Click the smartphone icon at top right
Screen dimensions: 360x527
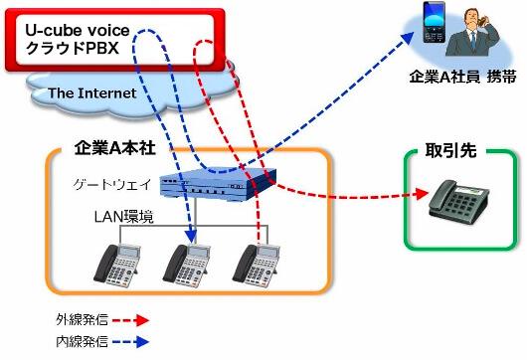(x=434, y=25)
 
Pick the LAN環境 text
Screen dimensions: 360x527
(x=118, y=217)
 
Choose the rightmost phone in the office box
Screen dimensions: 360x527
(x=253, y=263)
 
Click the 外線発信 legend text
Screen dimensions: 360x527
(x=77, y=320)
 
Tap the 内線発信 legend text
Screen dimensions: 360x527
(x=77, y=342)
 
